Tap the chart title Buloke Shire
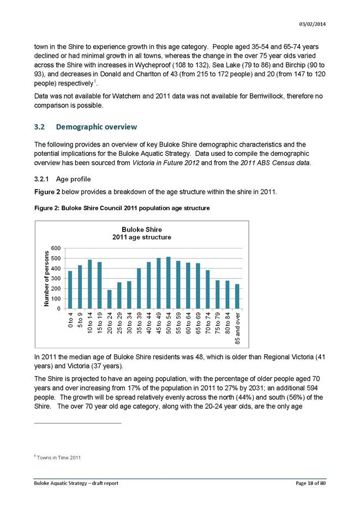point(141,229)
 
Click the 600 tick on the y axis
point(57,249)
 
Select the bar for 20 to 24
point(109,299)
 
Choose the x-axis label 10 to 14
point(89,322)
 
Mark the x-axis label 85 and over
point(237,329)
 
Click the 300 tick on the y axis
point(57,278)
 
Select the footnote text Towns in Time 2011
point(59,457)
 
